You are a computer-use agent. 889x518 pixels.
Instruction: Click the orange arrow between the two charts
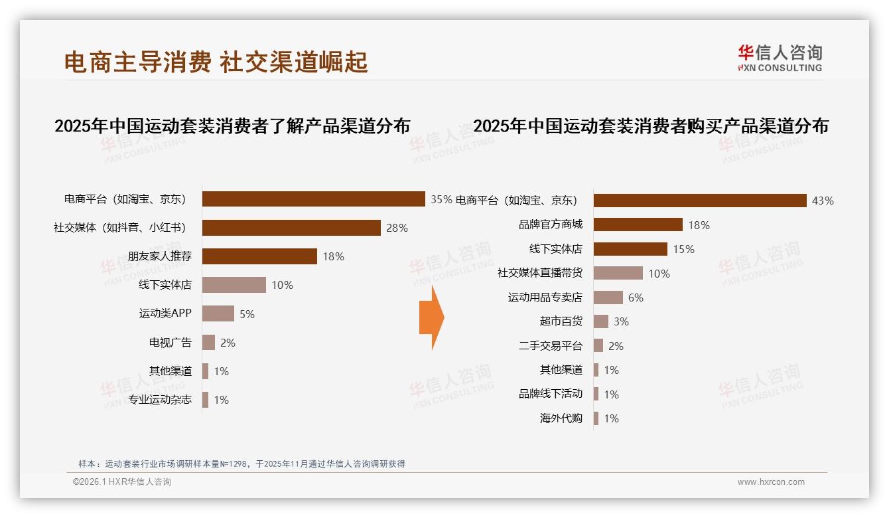click(x=431, y=317)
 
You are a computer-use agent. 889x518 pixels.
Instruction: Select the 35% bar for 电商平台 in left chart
click(x=313, y=199)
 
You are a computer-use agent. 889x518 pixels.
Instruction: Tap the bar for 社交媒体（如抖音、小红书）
click(x=291, y=228)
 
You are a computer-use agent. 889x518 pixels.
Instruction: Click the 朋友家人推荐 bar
click(x=259, y=256)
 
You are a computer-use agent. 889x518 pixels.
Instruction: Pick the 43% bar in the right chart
click(x=700, y=201)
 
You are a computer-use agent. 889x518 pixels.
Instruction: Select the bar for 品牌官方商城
click(x=638, y=224)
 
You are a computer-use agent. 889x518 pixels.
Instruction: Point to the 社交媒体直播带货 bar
click(x=618, y=273)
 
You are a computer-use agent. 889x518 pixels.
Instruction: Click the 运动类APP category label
click(x=165, y=313)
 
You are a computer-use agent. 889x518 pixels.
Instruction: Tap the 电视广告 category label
click(x=170, y=343)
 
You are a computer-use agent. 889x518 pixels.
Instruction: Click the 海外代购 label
click(x=561, y=418)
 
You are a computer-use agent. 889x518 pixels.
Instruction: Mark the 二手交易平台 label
click(x=550, y=346)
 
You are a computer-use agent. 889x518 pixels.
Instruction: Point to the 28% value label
click(x=397, y=228)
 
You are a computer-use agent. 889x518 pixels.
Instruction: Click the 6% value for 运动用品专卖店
click(x=636, y=298)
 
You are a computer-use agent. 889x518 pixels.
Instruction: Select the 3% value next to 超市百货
click(x=621, y=321)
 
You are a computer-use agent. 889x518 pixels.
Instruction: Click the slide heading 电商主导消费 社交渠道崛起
click(x=216, y=62)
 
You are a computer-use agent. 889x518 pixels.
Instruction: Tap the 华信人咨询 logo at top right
click(x=780, y=58)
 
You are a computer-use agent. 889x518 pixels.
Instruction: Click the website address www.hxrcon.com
click(x=771, y=482)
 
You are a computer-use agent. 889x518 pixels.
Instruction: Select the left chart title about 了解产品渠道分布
click(x=232, y=126)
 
